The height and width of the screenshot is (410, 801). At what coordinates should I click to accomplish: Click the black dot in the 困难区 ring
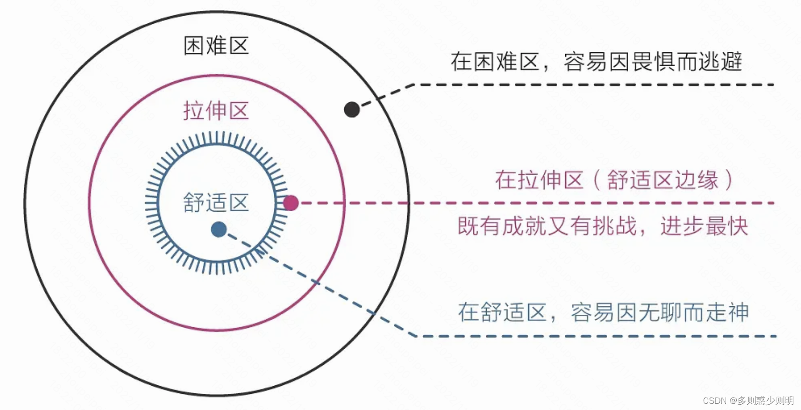pyautogui.click(x=352, y=109)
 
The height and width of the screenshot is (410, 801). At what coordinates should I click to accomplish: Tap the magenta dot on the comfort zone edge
pyautogui.click(x=290, y=203)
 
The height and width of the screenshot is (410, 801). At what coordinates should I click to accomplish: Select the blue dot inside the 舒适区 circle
pyautogui.click(x=219, y=230)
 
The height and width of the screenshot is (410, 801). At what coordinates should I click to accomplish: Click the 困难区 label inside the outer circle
pyautogui.click(x=216, y=46)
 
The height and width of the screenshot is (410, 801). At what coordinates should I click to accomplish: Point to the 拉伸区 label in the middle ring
pyautogui.click(x=216, y=111)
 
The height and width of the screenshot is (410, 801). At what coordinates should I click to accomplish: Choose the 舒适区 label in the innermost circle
pyautogui.click(x=216, y=203)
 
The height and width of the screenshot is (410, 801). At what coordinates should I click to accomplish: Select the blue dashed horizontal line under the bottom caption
pyautogui.click(x=595, y=336)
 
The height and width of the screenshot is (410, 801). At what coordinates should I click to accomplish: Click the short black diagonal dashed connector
pyautogui.click(x=386, y=96)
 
